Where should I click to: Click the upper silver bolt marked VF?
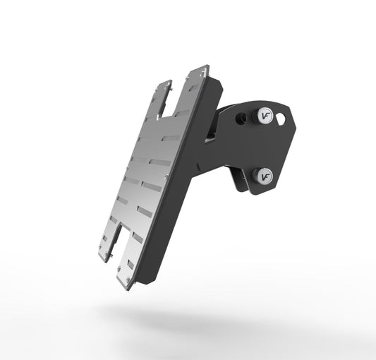point(265,114)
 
